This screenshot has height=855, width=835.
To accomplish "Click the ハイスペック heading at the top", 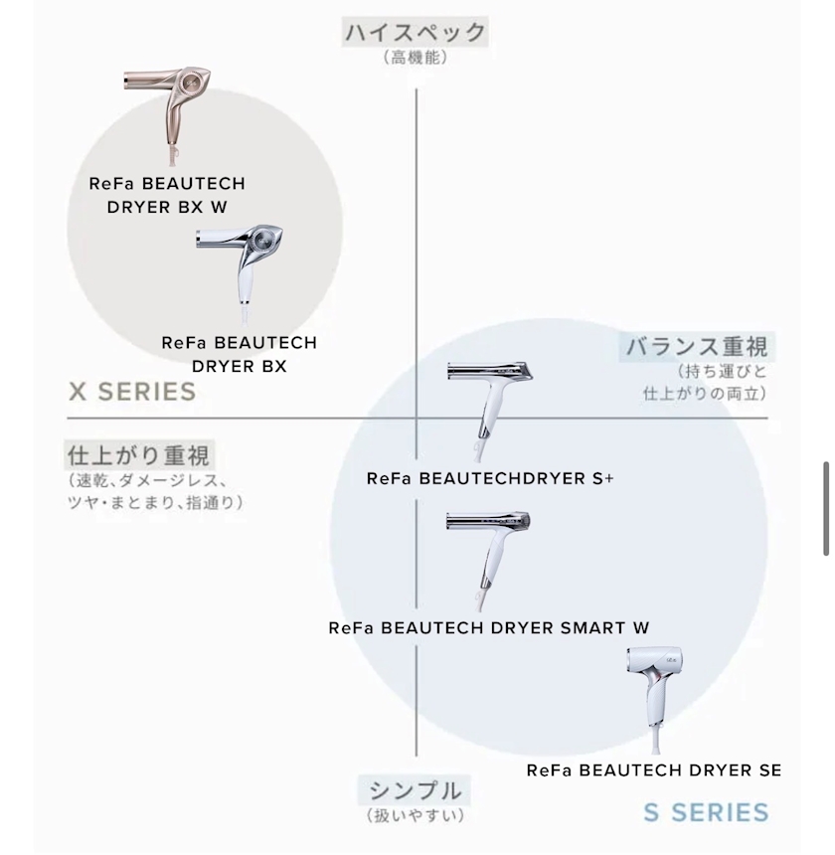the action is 416,32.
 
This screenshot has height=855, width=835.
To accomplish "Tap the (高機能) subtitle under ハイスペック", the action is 416,58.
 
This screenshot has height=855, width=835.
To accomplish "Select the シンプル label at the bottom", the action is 415,790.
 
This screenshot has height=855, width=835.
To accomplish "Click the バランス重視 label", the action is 697,347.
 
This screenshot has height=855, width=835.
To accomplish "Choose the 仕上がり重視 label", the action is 138,455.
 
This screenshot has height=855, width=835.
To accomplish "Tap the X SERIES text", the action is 132,392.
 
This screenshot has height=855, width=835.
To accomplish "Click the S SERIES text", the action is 706,812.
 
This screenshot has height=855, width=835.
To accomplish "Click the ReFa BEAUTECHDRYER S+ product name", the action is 490,479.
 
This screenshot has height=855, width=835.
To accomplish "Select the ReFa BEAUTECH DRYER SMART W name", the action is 489,628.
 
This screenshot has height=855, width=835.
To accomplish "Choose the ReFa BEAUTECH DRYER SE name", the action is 654,770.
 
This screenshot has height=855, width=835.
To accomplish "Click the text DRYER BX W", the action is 167,207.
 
